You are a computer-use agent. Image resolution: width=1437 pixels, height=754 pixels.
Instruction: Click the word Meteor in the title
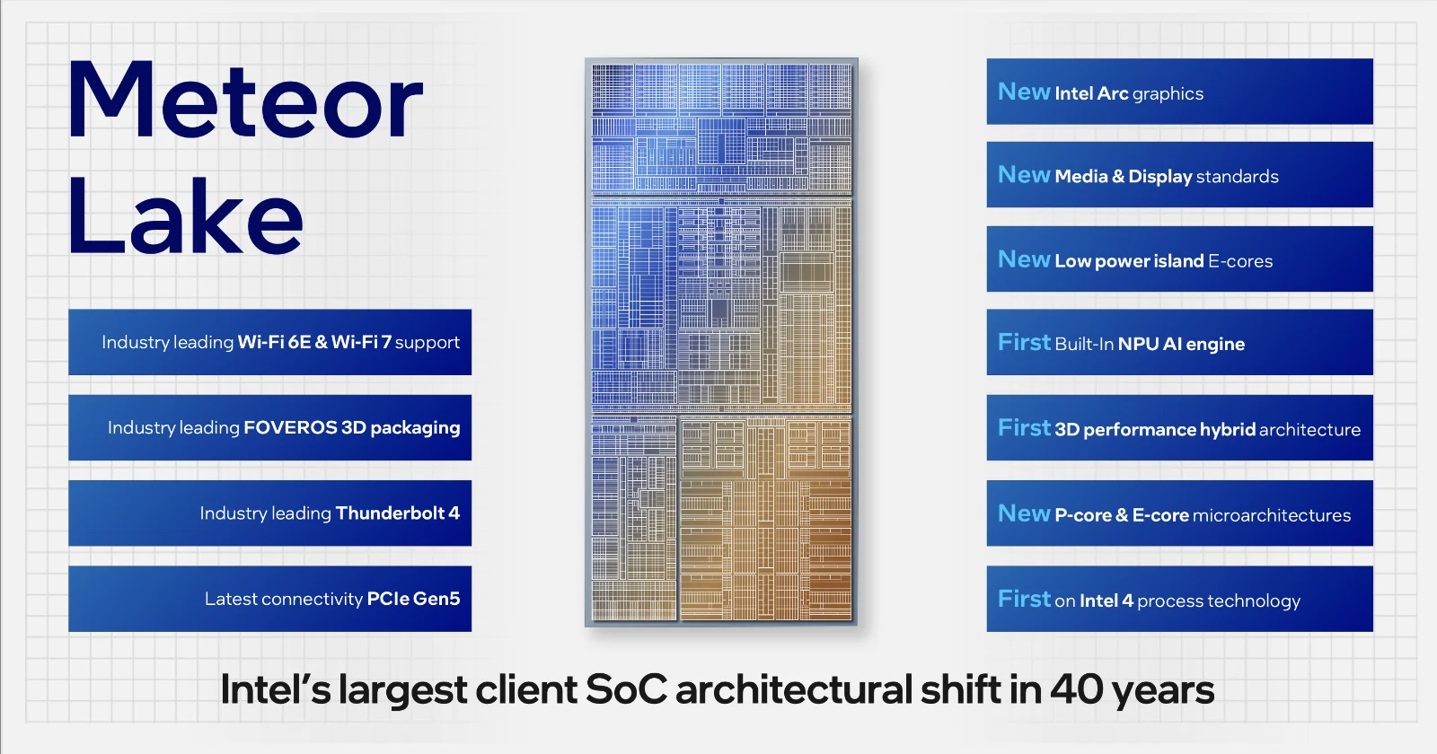click(244, 100)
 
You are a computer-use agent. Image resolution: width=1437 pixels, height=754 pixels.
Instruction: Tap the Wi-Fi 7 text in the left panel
click(361, 342)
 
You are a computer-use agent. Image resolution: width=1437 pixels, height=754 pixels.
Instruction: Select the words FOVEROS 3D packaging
click(351, 427)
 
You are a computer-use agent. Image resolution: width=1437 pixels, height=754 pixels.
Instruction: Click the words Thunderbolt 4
click(398, 513)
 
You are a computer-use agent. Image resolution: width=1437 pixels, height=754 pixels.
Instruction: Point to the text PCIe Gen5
click(413, 599)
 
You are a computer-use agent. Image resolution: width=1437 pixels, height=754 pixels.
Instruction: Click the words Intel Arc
click(1091, 93)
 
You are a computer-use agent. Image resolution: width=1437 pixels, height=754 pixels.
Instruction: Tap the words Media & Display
click(1124, 176)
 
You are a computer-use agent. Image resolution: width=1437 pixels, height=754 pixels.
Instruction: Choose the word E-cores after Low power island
click(1240, 261)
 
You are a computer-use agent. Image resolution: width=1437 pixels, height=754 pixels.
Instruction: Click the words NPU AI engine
click(1181, 345)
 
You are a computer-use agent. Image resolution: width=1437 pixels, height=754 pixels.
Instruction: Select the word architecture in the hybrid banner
click(1309, 430)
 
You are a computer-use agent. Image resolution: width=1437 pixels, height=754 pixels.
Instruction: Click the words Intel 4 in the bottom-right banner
click(1106, 601)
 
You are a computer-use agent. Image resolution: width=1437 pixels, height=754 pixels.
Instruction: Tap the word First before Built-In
click(1024, 342)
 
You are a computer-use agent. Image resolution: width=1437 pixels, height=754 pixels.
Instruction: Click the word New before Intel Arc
click(1024, 92)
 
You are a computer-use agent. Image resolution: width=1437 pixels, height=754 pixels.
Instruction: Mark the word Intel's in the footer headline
click(276, 690)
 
